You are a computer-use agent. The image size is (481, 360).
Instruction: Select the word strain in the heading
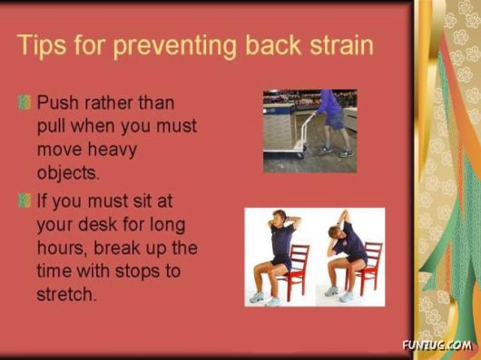[338, 45]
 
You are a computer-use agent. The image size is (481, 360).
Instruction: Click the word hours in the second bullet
[62, 248]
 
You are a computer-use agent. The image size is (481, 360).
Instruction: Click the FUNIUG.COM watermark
[437, 345]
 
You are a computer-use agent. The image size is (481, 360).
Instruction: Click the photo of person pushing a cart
[309, 131]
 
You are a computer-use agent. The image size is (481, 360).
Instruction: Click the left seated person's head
[280, 219]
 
